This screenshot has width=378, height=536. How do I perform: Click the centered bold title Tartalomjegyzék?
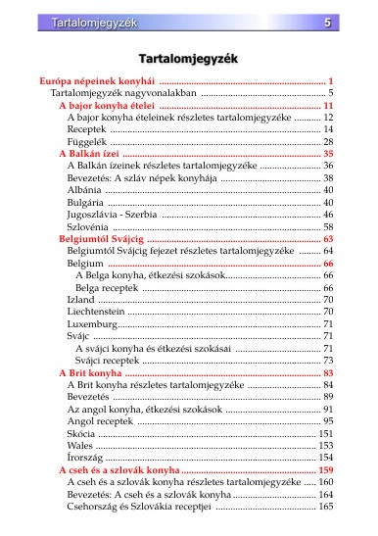point(189,59)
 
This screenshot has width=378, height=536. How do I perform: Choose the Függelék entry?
point(86,142)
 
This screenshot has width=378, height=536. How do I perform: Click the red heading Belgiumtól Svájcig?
point(102,239)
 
